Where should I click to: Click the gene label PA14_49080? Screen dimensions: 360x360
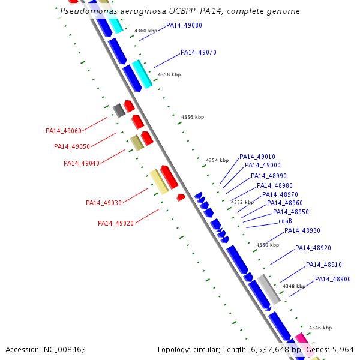pos(184,26)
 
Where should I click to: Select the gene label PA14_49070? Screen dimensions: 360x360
pos(198,53)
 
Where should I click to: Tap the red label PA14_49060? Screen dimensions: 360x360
pos(64,131)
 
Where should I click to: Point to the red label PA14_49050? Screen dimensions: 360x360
pos(72,146)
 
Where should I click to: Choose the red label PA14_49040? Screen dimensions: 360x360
pos(82,163)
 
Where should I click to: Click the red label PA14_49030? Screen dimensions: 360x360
pos(104,203)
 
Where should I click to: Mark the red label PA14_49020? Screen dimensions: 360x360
pos(116,223)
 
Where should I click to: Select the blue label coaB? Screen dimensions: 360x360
pos(285,221)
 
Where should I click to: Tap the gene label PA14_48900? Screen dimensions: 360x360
pos(332,279)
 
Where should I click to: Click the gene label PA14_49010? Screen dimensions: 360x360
pos(257,157)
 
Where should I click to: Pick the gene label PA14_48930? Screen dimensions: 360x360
pos(302,231)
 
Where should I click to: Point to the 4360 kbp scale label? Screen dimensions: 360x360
pos(145,31)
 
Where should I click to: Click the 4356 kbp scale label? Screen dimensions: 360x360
pos(192,118)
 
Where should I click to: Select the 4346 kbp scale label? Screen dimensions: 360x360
pos(320,328)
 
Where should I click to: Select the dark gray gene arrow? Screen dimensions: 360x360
pos(119,110)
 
